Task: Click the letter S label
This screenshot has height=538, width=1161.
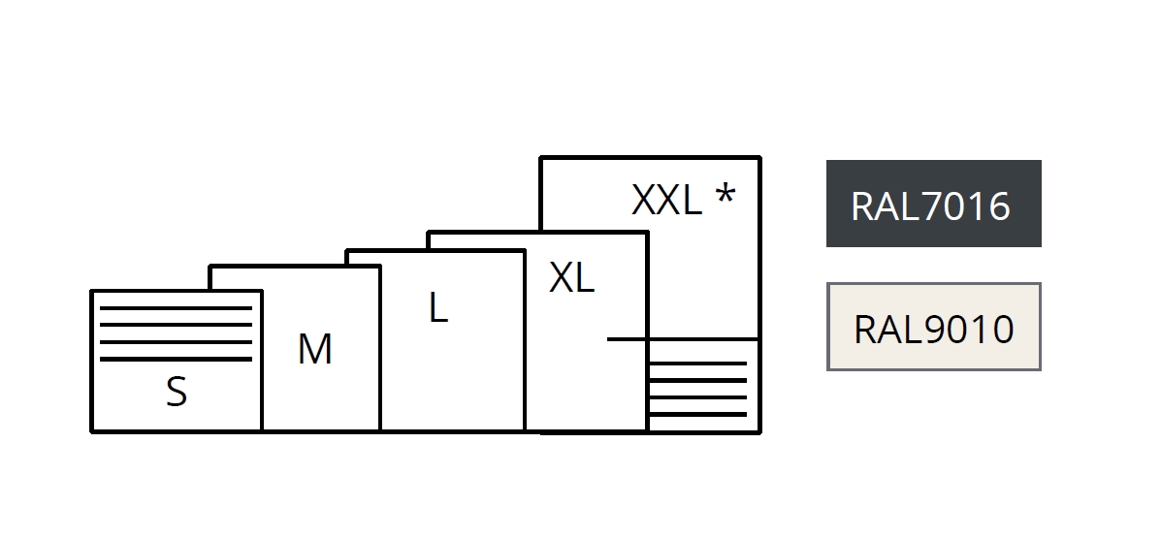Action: tap(176, 393)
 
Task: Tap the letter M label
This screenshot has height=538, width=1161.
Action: tap(314, 349)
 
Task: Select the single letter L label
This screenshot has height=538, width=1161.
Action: tap(438, 308)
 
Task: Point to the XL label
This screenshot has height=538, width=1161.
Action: tap(571, 278)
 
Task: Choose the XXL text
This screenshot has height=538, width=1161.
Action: tap(666, 201)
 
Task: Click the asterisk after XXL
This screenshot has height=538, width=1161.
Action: tap(725, 197)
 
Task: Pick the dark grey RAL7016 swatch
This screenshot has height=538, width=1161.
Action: tap(933, 204)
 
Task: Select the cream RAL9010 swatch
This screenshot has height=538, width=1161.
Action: tap(933, 327)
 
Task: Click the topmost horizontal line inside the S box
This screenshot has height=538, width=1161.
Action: tap(176, 308)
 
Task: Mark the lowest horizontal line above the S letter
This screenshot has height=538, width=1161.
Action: tap(176, 359)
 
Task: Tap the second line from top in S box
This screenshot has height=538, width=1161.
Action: tap(176, 326)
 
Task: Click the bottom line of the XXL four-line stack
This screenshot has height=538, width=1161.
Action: tap(697, 415)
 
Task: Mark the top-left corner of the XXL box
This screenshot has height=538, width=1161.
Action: tap(541, 157)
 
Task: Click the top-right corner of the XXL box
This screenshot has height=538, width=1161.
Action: tap(759, 157)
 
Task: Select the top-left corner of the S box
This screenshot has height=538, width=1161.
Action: tap(92, 291)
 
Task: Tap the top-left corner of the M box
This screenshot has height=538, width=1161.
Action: tap(210, 267)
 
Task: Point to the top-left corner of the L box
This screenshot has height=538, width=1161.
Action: tap(347, 251)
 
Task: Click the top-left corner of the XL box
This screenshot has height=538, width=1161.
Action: tap(429, 233)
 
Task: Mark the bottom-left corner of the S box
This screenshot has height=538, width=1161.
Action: tap(92, 430)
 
